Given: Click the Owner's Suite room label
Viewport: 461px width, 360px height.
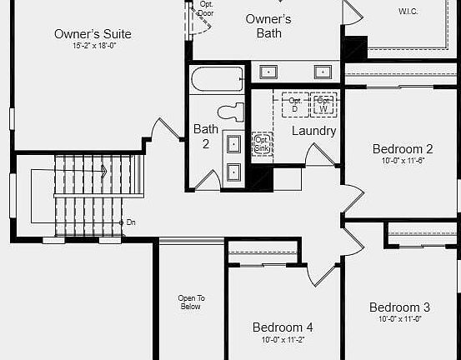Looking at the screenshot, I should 93,34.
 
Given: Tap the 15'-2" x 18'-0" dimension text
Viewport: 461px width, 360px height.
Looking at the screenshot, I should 93,46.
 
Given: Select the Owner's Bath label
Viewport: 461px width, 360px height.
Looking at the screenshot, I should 268,26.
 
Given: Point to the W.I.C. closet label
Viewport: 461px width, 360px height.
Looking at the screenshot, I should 408,12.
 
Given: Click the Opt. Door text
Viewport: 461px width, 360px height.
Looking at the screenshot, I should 206,9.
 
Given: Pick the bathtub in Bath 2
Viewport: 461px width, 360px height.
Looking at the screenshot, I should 217,80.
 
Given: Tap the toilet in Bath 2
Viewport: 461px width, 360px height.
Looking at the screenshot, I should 231,112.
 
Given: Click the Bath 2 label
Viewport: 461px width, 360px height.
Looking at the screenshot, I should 206,136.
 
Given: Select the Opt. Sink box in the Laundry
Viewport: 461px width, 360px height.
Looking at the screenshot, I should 262,143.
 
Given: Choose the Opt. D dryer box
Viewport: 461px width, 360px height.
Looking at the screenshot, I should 294,104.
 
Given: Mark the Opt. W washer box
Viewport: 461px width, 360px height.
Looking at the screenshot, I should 323,104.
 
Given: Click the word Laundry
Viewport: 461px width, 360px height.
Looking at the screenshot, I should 313,131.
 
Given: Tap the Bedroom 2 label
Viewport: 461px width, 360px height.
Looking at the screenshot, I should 402,149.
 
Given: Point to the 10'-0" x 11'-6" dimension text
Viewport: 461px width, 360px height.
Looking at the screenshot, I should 402,161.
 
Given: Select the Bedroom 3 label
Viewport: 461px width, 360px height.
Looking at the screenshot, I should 399,307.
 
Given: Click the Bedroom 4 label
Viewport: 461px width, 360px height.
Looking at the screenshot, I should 283,327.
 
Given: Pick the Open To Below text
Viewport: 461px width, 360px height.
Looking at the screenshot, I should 191,302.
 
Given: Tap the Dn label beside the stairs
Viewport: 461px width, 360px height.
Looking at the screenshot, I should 131,222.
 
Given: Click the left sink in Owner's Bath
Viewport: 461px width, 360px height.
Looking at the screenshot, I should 269,72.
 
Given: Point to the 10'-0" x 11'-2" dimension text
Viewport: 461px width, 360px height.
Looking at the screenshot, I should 283,339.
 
